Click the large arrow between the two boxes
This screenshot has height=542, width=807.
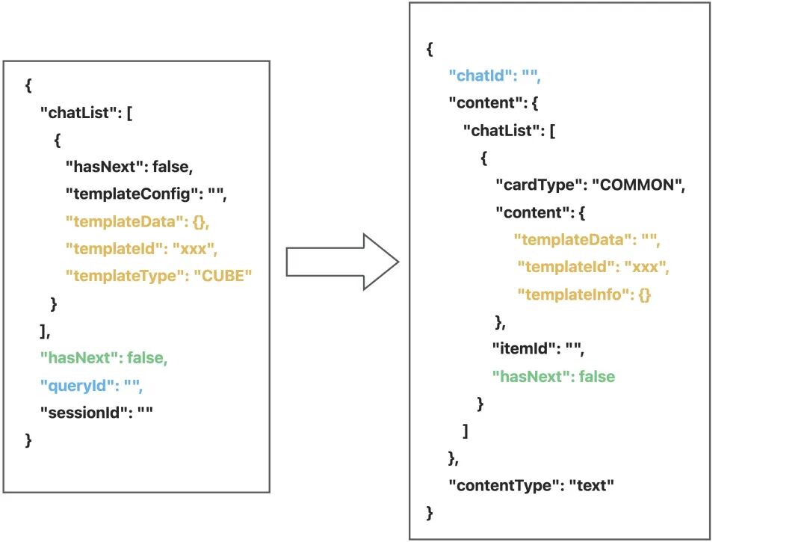click(x=342, y=262)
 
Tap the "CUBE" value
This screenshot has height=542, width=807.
click(x=223, y=276)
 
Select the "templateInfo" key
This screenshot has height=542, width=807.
click(x=572, y=295)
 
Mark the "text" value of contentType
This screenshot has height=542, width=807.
click(x=592, y=485)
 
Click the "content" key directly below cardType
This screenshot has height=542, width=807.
click(x=530, y=212)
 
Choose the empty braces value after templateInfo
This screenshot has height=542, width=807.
click(x=644, y=295)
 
